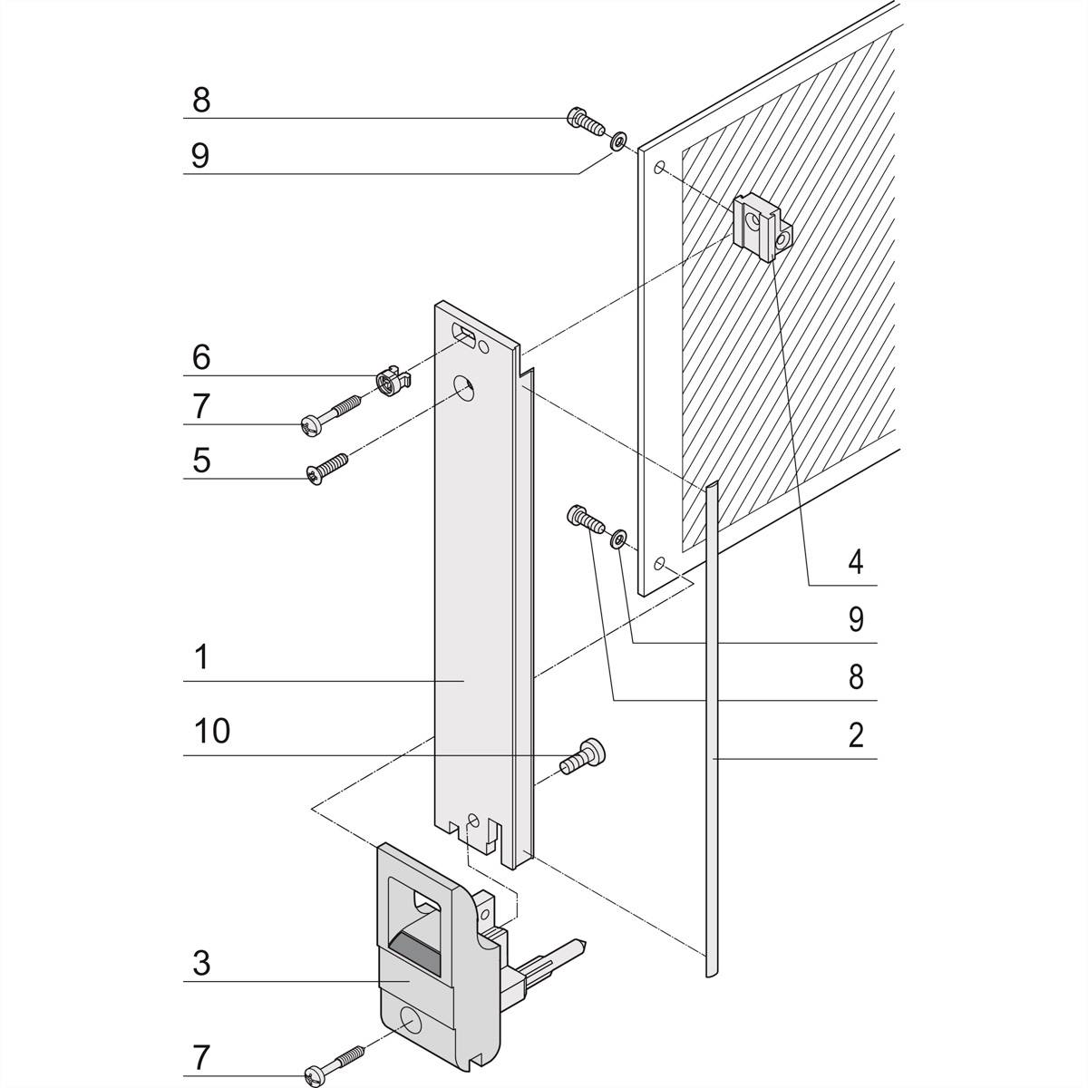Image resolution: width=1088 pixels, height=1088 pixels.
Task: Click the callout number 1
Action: [201, 657]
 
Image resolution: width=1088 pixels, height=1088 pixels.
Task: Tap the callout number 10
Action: [212, 731]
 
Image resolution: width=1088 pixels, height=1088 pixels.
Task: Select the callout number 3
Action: [201, 963]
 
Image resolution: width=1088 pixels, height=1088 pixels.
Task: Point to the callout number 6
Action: [201, 357]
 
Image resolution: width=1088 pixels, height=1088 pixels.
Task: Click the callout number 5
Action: [201, 460]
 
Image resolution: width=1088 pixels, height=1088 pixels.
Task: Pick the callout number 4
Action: [855, 562]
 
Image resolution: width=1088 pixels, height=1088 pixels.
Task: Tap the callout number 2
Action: [855, 735]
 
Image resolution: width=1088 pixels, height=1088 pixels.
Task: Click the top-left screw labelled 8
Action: [584, 121]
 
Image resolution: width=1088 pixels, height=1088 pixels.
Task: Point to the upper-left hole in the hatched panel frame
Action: [661, 169]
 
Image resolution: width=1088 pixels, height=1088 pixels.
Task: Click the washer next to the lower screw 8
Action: [618, 539]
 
